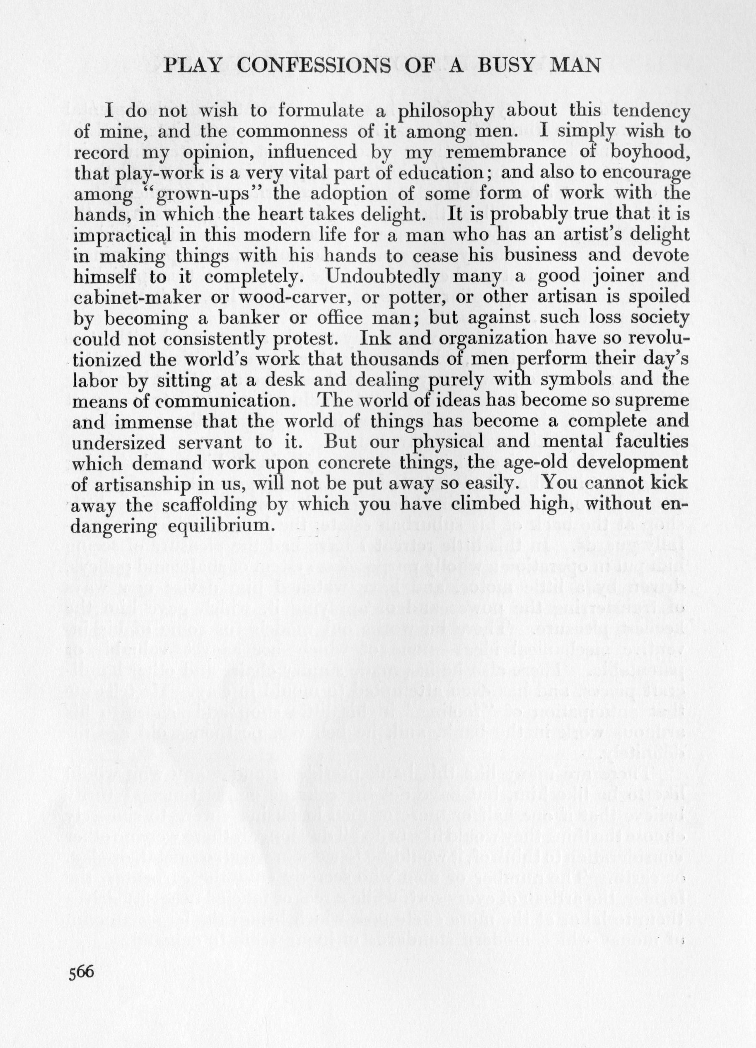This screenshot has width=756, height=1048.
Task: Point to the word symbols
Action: click(573, 380)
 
